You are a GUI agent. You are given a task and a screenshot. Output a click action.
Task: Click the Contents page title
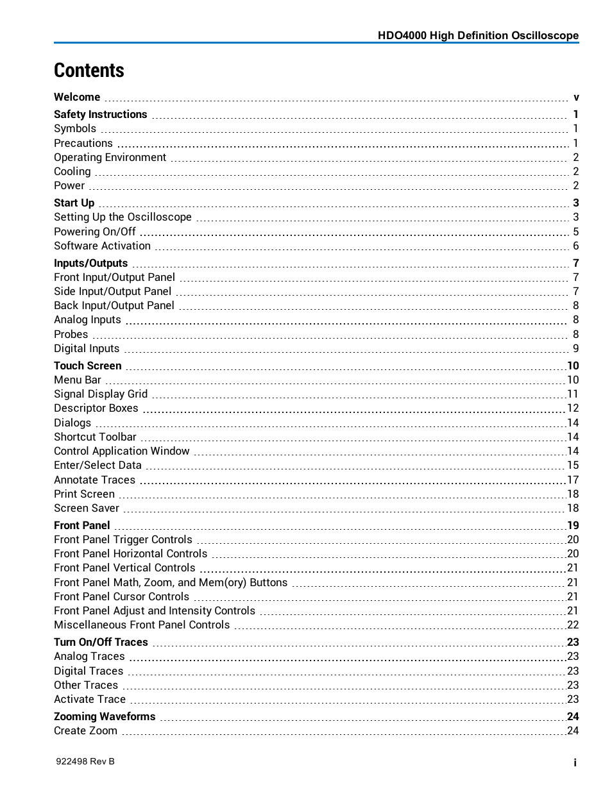89,71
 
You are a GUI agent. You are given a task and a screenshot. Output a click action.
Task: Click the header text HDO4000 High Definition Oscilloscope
478,36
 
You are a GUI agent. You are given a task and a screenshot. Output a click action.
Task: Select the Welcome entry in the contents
77,97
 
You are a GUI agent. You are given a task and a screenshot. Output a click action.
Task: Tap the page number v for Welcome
576,97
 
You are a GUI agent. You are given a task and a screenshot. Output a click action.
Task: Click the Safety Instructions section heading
101,114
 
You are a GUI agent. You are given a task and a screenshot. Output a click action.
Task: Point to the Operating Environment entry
110,157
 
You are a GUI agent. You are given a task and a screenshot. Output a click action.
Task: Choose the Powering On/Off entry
95,232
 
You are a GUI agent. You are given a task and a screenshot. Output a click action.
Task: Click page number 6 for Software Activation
575,246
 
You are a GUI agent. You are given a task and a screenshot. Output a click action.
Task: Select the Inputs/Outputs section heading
91,263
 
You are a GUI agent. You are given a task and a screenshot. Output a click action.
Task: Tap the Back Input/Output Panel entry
114,305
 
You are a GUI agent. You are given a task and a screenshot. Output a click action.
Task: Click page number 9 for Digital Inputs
575,348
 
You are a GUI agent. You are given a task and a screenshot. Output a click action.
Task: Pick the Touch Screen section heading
88,366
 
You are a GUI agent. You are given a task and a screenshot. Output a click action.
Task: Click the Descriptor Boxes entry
96,408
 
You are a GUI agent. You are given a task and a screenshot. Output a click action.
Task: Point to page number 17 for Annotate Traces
573,480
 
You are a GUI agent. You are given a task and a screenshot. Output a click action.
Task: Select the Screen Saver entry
87,508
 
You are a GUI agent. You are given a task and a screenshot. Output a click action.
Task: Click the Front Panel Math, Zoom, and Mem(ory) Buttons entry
171,582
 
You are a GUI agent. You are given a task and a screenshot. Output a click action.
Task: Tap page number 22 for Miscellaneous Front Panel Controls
573,625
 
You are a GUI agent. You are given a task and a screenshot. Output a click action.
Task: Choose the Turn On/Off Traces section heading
101,642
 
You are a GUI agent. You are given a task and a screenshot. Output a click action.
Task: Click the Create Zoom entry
85,730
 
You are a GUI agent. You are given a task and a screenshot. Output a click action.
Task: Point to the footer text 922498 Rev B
85,761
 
